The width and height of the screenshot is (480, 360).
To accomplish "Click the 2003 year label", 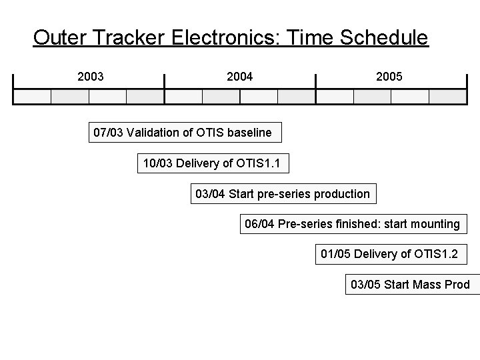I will click(91, 77).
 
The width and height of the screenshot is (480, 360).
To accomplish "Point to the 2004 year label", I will click(240, 77).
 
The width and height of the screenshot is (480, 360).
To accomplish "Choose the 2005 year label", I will click(389, 77).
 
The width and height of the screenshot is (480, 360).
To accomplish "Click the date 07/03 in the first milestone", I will click(108, 133).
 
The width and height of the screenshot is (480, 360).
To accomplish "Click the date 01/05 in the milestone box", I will click(336, 254).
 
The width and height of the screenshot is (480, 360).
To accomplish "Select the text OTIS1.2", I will click(437, 254).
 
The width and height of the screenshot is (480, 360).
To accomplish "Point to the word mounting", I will click(433, 224).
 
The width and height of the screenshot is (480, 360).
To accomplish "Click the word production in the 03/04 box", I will click(339, 194).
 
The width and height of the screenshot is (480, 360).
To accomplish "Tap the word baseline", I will click(249, 133).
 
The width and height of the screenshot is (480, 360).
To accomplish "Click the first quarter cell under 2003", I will click(33, 97).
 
